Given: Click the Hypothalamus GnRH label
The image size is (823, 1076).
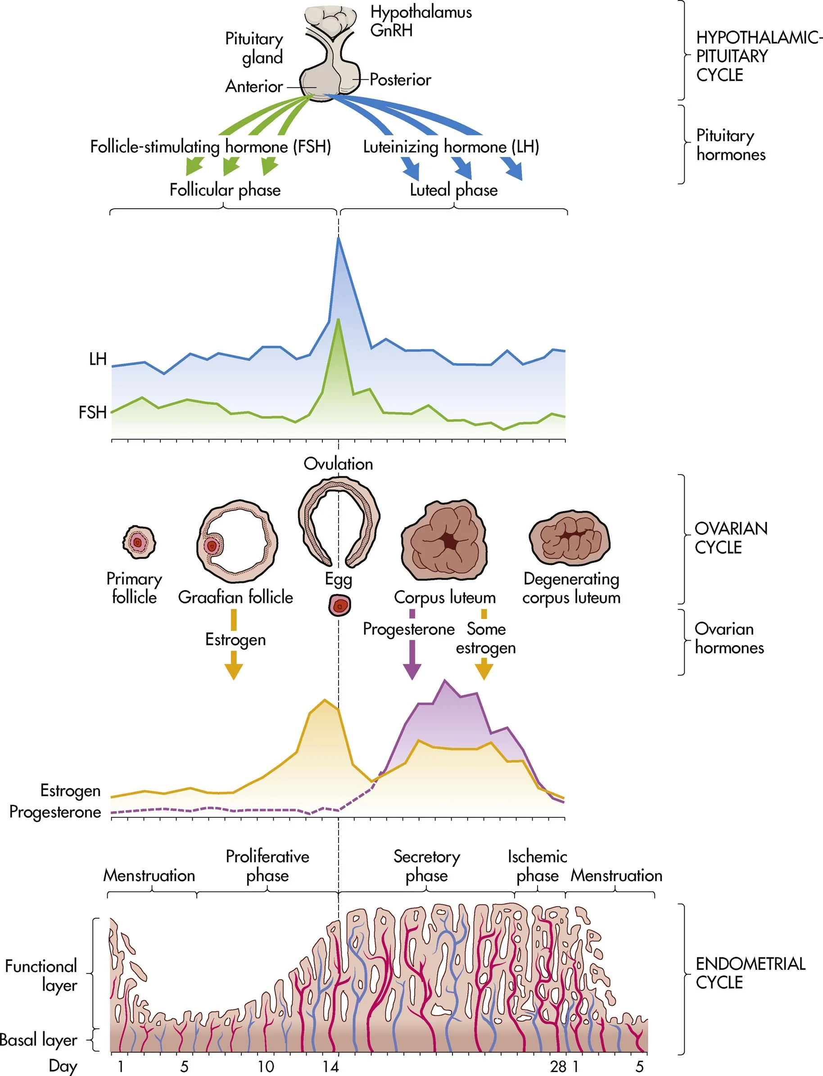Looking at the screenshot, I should [421, 21].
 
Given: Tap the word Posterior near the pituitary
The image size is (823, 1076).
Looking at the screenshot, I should [400, 79].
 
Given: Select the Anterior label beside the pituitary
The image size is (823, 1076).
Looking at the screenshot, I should [254, 86].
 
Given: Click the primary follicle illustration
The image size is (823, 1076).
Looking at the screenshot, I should [139, 542].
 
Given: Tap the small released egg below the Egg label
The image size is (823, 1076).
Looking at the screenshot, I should [339, 605].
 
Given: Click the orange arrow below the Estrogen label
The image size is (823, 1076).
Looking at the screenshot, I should [234, 669].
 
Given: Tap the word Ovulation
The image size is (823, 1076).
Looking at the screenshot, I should [338, 464].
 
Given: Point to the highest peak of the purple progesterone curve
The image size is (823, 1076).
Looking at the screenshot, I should [445, 681].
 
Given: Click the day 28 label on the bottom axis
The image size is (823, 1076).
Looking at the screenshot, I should [557, 1066].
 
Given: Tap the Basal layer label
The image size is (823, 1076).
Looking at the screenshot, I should [38, 1039].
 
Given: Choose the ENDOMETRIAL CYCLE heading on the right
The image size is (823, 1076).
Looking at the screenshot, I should [750, 973].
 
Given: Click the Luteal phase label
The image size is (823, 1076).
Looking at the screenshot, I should [454, 190].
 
